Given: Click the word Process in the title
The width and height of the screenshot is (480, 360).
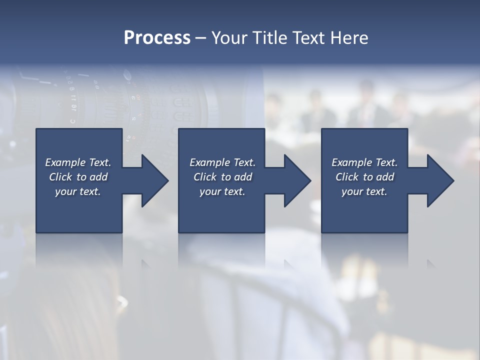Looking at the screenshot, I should coord(157,38).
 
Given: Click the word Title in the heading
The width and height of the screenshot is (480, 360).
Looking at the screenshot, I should coord(270,38).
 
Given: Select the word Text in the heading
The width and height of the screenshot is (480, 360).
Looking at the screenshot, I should coord(308,38).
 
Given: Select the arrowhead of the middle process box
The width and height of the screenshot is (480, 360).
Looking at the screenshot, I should coord(296,180).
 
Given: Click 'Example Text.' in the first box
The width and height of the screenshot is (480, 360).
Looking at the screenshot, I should coord(78,162).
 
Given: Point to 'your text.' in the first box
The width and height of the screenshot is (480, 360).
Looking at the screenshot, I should coord(78,191).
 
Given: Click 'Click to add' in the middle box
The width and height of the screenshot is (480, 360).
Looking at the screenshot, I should coord(222,177).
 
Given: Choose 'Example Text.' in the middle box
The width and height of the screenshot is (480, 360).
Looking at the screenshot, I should coord(222,162).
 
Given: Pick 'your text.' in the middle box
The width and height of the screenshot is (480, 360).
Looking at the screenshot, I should coord(222,191).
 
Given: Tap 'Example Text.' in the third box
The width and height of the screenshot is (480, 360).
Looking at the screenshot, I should coord(364,162).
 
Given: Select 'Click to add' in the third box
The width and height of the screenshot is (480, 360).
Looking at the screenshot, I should coord(364,177).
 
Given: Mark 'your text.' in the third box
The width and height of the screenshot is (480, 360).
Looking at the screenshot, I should coord(364,191).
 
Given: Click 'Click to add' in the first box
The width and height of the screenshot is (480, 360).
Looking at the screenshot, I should coord(78,177).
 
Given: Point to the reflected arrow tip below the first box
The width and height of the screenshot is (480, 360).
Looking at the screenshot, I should coord(146,264).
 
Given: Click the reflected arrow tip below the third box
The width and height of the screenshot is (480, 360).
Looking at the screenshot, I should coord(431,264).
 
